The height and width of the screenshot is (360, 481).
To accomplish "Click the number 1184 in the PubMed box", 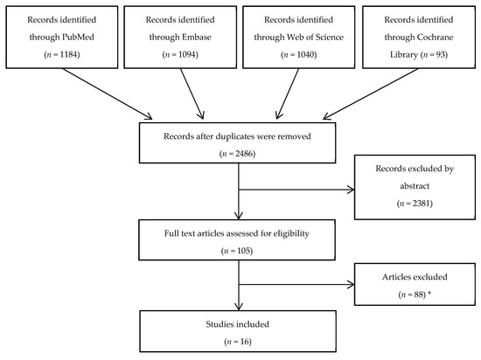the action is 69,54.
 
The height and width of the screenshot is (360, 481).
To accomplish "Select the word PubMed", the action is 78,37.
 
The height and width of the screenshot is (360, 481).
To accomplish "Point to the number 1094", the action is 187,54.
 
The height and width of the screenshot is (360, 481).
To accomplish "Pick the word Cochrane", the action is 436,37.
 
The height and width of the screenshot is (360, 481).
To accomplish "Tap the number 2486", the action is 244,154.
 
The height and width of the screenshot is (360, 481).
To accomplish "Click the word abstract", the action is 415,186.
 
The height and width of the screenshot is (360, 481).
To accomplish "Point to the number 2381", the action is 422,204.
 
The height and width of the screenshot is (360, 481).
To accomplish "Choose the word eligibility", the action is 291,233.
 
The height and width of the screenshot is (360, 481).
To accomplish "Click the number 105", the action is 244,251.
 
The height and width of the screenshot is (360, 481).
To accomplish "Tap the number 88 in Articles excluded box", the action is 419,294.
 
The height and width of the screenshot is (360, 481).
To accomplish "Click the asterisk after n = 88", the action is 429,294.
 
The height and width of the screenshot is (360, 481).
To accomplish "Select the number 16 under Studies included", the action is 245,342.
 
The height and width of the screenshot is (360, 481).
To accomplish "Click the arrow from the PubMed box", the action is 108,93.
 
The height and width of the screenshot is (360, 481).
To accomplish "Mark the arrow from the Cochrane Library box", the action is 371,93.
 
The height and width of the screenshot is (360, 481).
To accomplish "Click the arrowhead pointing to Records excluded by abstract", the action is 351,190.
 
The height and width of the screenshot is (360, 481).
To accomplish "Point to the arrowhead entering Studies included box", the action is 239,307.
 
